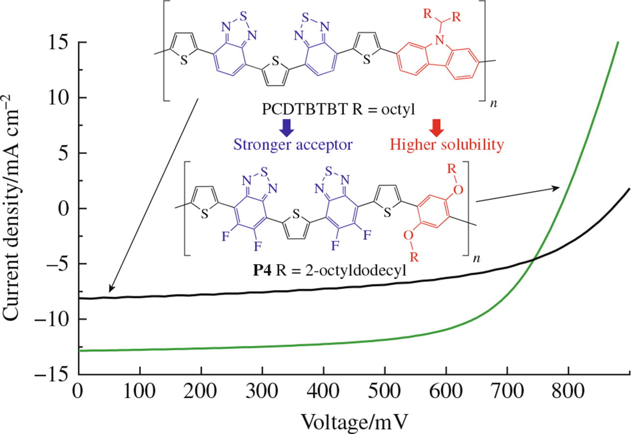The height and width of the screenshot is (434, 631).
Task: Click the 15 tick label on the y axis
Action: click(x=59, y=43)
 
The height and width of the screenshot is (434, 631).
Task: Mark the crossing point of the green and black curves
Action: click(x=533, y=259)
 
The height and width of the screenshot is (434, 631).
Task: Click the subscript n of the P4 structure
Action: click(x=475, y=259)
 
